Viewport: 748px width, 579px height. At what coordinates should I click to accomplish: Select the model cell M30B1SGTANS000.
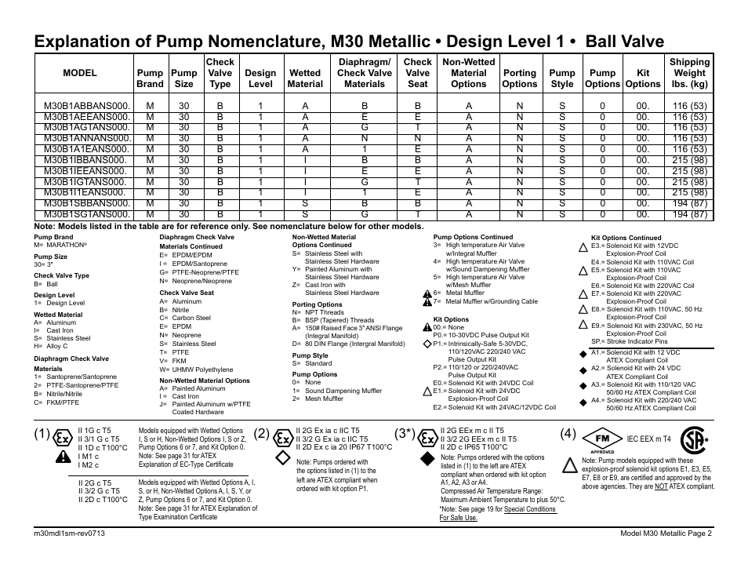point(85,213)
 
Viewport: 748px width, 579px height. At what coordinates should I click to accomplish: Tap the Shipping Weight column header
point(689,73)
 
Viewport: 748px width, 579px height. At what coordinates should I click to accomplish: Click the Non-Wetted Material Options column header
point(468,73)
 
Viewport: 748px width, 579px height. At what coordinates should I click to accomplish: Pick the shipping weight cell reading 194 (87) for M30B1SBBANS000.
point(689,202)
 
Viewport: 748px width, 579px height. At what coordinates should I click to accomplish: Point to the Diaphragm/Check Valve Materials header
point(364,73)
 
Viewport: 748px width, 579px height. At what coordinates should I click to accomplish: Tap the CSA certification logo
point(692,439)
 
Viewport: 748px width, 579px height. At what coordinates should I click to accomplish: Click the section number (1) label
point(43,434)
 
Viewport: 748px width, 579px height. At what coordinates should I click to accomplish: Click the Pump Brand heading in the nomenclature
point(53,237)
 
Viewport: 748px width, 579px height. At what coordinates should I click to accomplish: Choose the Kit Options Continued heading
point(626,238)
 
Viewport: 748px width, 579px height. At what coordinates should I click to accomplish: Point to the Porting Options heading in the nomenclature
point(317,304)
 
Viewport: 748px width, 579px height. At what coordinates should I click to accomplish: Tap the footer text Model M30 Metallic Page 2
point(665,533)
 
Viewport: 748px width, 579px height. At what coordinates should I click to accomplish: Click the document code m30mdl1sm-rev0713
point(70,533)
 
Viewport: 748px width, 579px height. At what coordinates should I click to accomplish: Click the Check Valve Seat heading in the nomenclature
point(187,293)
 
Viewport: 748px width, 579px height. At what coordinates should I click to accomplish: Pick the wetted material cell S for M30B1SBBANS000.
point(305,202)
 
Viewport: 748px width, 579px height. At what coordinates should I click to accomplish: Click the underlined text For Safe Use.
point(458,518)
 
